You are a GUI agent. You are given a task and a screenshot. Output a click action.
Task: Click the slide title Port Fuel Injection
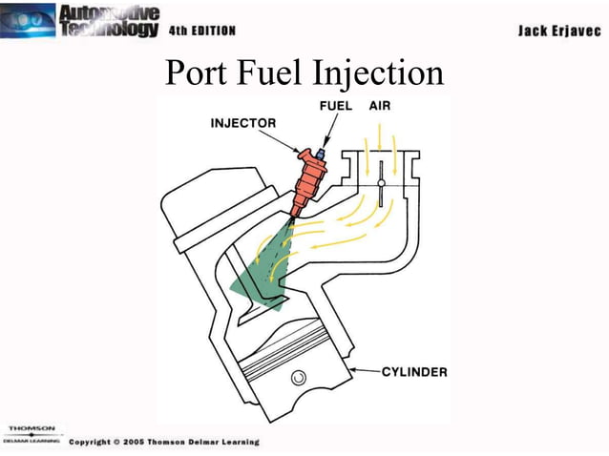point(304,73)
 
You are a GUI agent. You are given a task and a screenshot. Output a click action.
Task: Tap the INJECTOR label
point(242,122)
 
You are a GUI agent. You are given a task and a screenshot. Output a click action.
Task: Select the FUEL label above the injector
point(337,107)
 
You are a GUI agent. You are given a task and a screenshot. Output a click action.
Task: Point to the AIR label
point(380,107)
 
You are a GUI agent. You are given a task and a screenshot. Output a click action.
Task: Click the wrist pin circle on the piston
point(300,379)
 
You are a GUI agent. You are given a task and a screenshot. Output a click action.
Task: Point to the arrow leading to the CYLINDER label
point(367,370)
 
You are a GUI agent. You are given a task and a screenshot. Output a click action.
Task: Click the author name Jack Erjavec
point(557,31)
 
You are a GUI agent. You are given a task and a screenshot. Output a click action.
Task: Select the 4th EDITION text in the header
point(201,31)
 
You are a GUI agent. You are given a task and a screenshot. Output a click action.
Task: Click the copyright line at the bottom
point(163,443)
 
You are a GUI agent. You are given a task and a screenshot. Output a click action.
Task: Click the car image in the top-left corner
point(28,19)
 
